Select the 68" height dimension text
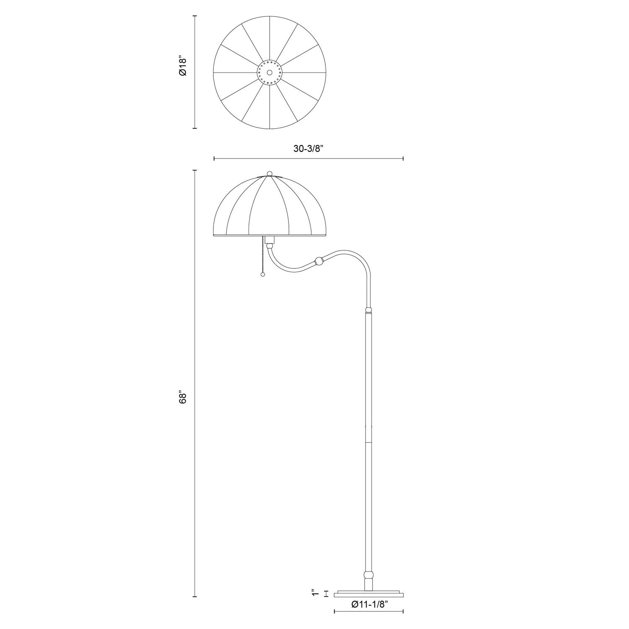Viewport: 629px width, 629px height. point(182,398)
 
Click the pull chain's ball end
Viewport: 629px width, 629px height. point(263,275)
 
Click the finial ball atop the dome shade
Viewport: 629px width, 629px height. point(270,173)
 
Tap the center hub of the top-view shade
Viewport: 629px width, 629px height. point(269,73)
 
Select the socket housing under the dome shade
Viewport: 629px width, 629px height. point(270,240)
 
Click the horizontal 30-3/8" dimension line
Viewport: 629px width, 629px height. point(309,159)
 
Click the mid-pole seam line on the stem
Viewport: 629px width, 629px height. point(368,442)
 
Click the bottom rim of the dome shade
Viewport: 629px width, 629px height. point(270,236)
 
